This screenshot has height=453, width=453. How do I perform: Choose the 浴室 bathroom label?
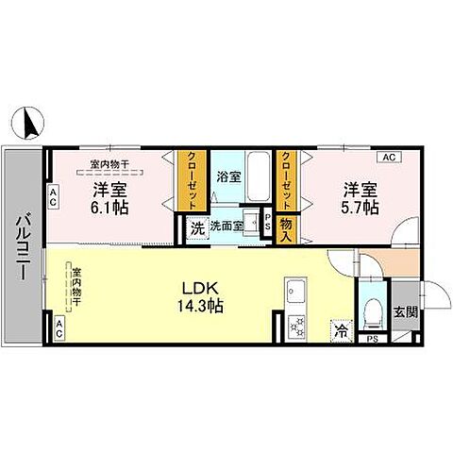coord(227,176)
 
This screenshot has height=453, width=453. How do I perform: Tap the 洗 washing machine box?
coord(196,227)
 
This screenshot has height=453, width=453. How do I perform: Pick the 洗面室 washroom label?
coord(226,226)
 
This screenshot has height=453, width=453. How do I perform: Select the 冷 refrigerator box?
coord(341,331)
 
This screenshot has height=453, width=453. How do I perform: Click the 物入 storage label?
coord(287,226)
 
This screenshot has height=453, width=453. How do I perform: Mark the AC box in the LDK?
coord(59,330)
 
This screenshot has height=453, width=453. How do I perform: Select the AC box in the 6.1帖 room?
coord(54,197)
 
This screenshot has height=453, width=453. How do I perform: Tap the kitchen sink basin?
coord(295,292)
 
